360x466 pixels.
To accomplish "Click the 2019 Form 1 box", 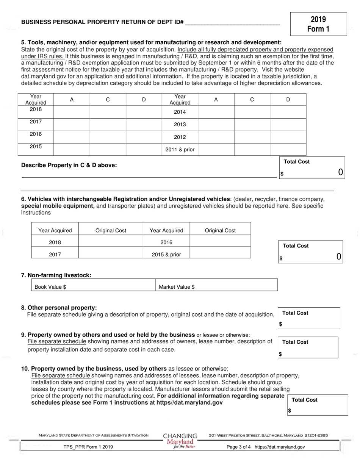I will (x=318, y=24).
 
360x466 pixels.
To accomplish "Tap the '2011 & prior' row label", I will (x=180, y=150).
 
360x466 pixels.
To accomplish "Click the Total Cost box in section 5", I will (x=312, y=167).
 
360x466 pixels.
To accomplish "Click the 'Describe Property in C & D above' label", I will (x=69, y=165).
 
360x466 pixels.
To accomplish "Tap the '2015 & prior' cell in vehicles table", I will (x=166, y=255).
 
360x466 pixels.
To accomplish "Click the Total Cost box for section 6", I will (x=310, y=252).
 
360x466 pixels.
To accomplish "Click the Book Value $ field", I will (x=93, y=287).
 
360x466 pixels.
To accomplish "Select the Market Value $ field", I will (x=217, y=287).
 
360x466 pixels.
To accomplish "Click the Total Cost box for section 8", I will (x=309, y=318).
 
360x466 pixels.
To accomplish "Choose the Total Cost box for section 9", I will (x=308, y=347).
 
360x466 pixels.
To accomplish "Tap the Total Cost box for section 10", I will (x=318, y=405).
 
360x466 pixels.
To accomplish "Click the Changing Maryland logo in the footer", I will (x=180, y=441).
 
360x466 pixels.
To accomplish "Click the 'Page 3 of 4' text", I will (x=238, y=447).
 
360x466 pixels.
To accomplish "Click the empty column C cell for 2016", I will (x=108, y=137).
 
